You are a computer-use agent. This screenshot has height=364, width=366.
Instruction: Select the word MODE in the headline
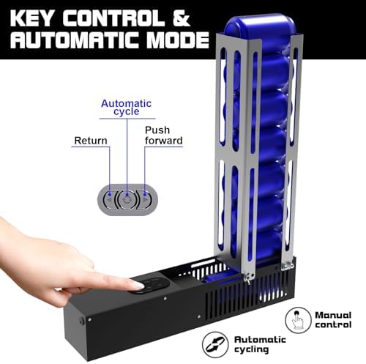pos(178,40)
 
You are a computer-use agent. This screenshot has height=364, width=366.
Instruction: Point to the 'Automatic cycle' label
pos(127,108)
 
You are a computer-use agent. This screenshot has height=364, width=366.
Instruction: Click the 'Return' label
pos(91,141)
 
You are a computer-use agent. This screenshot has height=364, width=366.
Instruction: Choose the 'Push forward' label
pos(163,135)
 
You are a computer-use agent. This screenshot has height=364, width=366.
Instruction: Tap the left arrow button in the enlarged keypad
pos(109,200)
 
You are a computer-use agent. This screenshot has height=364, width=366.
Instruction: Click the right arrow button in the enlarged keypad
pos(145,200)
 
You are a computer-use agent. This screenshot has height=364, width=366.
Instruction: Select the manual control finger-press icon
pos(298,320)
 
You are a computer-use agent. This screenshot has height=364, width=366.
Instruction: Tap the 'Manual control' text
pos(333,320)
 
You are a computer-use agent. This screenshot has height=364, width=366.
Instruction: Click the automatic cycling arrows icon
pos(215,344)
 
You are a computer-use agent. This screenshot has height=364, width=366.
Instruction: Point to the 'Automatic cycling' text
pos(260,344)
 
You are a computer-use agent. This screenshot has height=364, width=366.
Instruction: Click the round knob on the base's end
pos(82,321)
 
